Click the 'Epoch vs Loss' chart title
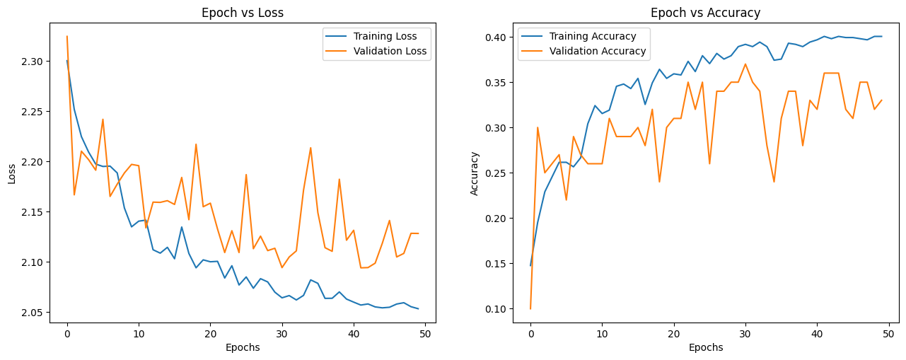click(243, 12)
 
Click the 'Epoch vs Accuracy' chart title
click(706, 12)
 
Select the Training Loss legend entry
click(385, 35)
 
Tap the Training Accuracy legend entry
click(593, 35)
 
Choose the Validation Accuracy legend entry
click(598, 51)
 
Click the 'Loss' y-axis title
click(12, 173)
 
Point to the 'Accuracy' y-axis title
click(475, 173)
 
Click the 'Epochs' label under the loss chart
click(243, 347)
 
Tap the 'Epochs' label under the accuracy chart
click(706, 347)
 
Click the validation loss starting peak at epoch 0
click(67, 36)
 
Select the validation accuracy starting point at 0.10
click(530, 308)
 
